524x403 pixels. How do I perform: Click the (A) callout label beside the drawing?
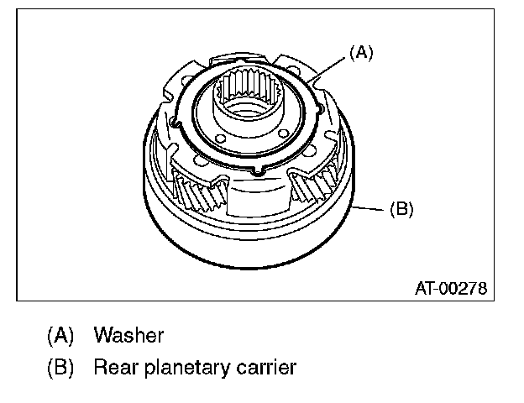tap(360, 53)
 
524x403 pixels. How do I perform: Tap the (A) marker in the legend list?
tap(61, 336)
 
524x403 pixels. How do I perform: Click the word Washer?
tap(128, 336)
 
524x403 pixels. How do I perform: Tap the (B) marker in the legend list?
tap(61, 367)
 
